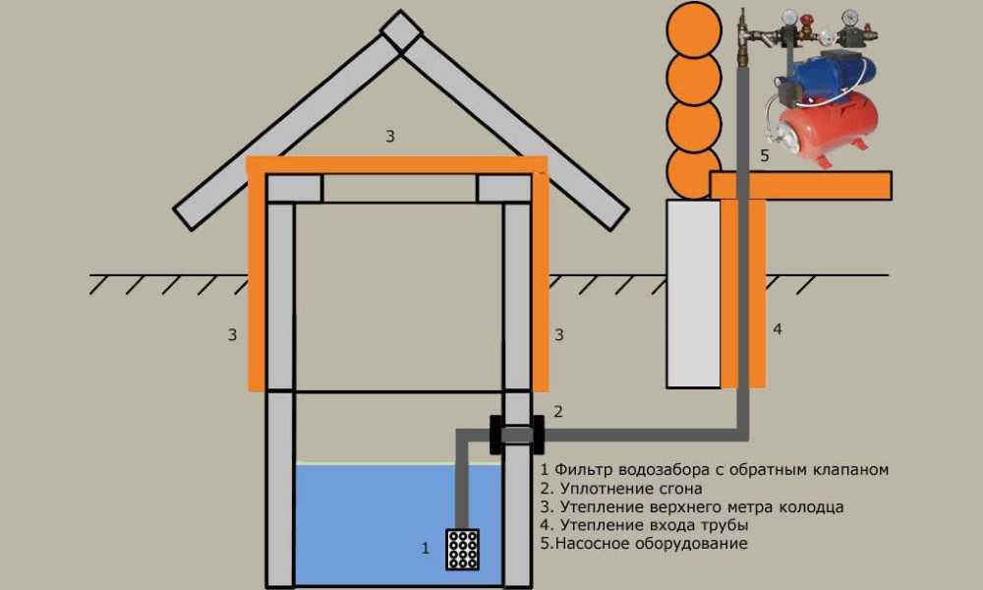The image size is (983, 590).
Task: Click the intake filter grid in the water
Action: tap(462, 550)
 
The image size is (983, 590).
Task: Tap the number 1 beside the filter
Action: tap(425, 549)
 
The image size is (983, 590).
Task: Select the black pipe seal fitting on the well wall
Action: tap(517, 434)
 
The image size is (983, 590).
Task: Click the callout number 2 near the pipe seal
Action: tap(558, 411)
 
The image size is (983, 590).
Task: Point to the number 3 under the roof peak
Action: tap(390, 136)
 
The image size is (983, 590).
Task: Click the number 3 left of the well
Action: tap(232, 334)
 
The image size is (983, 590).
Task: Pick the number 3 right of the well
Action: tap(559, 334)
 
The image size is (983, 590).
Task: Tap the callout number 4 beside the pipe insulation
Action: tap(778, 329)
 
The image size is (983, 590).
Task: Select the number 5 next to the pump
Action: tap(764, 155)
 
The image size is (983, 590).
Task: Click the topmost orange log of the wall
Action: tap(693, 29)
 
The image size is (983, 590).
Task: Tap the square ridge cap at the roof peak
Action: tap(401, 31)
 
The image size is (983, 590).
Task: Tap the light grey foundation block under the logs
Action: tap(693, 293)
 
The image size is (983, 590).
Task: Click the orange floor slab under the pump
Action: tap(800, 186)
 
